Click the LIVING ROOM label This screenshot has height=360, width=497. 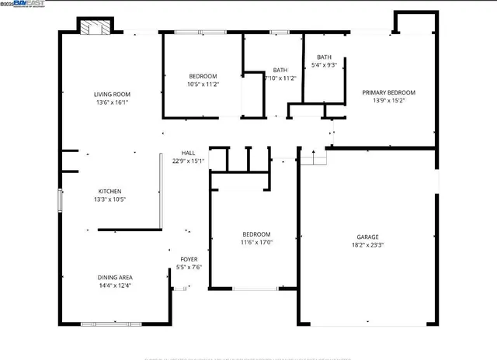click(112, 94)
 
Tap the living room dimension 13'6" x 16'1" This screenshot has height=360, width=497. click(112, 102)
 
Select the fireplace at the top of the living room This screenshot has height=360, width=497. click(96, 27)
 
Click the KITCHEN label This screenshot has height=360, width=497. click(109, 192)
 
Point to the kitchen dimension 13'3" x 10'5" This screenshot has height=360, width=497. click(109, 199)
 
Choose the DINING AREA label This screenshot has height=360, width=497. click(114, 277)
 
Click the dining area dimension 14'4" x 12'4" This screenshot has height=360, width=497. click(114, 285)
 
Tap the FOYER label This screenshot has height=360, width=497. click(189, 259)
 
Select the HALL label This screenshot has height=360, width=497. click(188, 153)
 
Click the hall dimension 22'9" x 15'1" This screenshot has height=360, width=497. click(188, 161)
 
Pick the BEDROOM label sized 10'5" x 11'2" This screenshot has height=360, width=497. click(203, 76)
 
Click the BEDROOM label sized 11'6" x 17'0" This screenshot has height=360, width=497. click(255, 234)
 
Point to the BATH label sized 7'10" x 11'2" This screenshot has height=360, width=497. click(280, 70)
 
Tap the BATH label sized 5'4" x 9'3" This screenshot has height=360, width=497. click(324, 57)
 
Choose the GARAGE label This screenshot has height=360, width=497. click(368, 237)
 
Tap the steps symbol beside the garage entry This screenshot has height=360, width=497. click(314, 158)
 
